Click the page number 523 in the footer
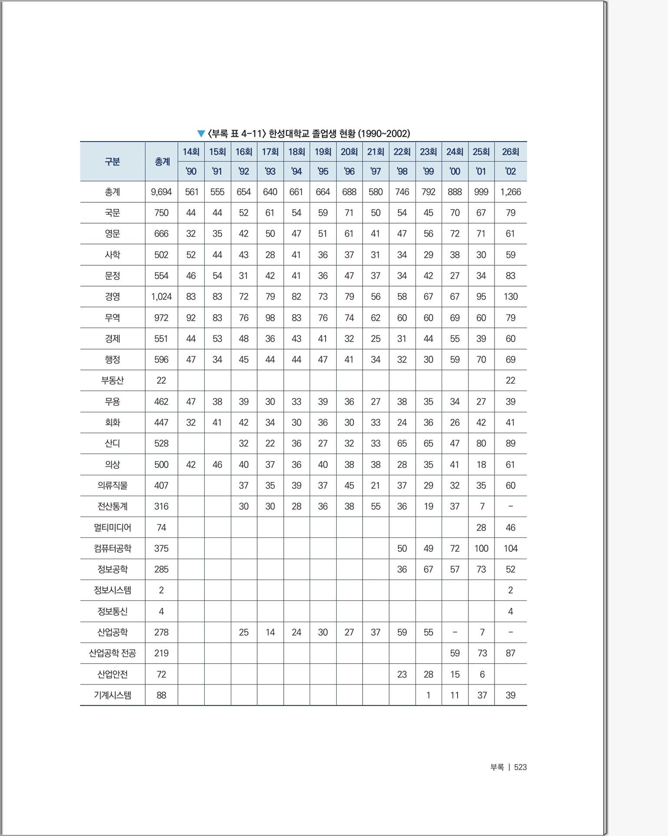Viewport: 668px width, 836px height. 520,767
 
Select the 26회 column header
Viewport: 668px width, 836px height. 510,152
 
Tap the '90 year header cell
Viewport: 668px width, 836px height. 191,171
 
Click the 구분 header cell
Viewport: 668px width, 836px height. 112,161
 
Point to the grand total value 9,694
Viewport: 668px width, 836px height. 161,192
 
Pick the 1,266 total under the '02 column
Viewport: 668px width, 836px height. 510,192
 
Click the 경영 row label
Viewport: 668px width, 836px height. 112,296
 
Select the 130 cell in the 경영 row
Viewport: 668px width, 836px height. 510,296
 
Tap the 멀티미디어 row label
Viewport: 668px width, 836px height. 112,527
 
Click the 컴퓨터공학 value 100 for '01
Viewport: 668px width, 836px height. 481,548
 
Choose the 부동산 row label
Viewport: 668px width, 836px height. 112,380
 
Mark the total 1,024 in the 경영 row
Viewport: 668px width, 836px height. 161,296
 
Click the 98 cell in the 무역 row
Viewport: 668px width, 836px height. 270,318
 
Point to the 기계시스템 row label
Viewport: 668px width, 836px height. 112,695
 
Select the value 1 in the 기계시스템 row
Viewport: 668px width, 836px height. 428,695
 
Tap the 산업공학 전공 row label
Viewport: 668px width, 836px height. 112,653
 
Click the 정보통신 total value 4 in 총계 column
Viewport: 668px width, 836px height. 161,611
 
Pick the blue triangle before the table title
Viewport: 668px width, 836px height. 201,134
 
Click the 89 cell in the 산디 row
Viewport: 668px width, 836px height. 510,443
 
